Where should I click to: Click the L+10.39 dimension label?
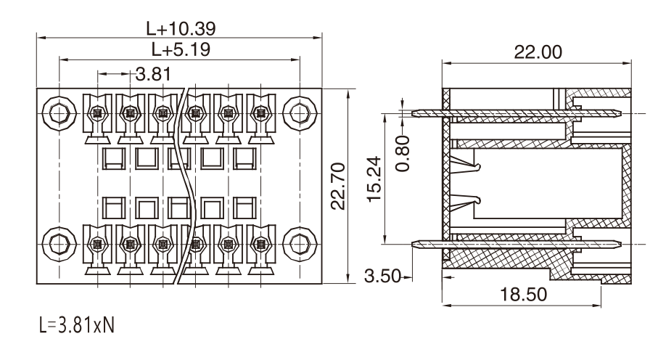point(181,28)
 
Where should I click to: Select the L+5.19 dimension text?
point(181,50)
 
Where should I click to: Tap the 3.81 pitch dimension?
point(153,74)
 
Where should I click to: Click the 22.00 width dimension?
point(538,52)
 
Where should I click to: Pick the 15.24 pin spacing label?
point(374,179)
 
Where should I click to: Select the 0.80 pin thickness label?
point(403,153)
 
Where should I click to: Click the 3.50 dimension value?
point(382,277)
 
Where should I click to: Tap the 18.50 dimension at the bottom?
point(523,294)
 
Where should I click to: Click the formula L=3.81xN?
point(77,326)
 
